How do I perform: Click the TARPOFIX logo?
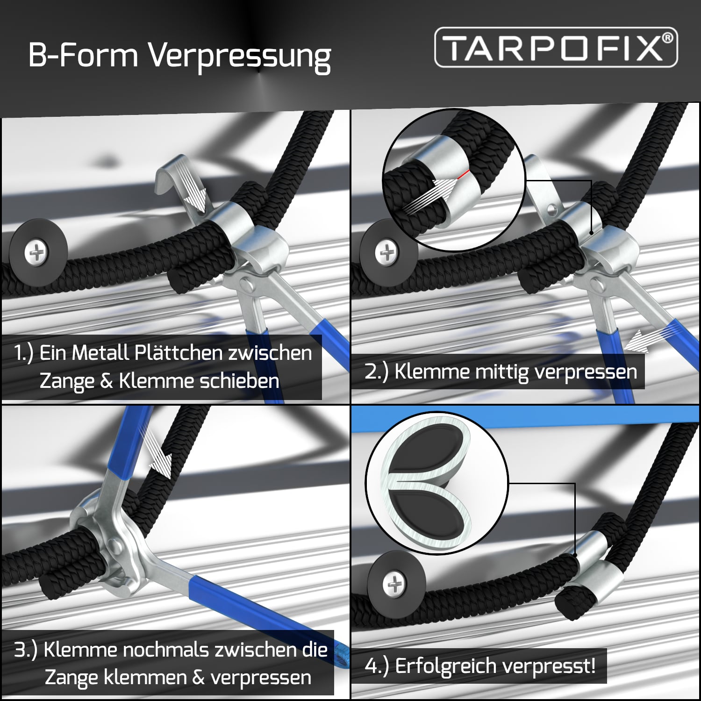(556, 47)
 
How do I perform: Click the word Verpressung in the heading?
(240, 57)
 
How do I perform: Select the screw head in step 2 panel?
(386, 252)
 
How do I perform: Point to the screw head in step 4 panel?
(394, 584)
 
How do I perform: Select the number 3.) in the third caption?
(26, 650)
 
